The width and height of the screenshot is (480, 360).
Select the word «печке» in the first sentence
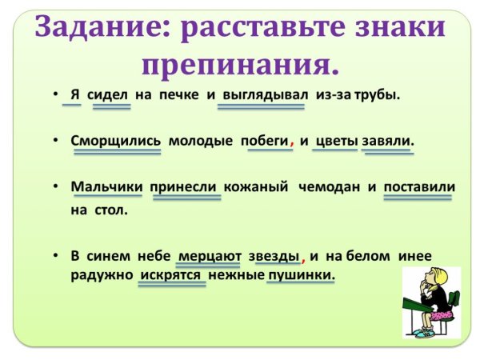point(180,94)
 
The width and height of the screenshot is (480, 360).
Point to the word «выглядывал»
point(265,94)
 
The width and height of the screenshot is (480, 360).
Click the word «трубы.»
point(374,94)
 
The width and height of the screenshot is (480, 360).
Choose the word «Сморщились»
point(115,140)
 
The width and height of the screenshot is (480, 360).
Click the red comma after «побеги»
point(293,143)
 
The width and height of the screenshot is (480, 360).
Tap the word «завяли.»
point(388,140)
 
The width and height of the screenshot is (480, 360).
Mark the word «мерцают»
point(210,256)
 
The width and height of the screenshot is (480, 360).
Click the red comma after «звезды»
point(304,259)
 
